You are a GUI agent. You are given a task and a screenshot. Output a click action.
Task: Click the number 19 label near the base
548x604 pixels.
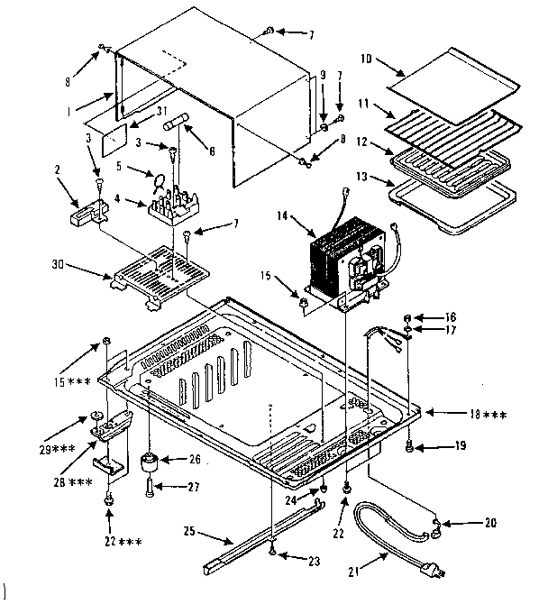click(x=462, y=444)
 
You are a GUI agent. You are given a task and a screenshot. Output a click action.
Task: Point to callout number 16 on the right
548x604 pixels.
click(x=452, y=317)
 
